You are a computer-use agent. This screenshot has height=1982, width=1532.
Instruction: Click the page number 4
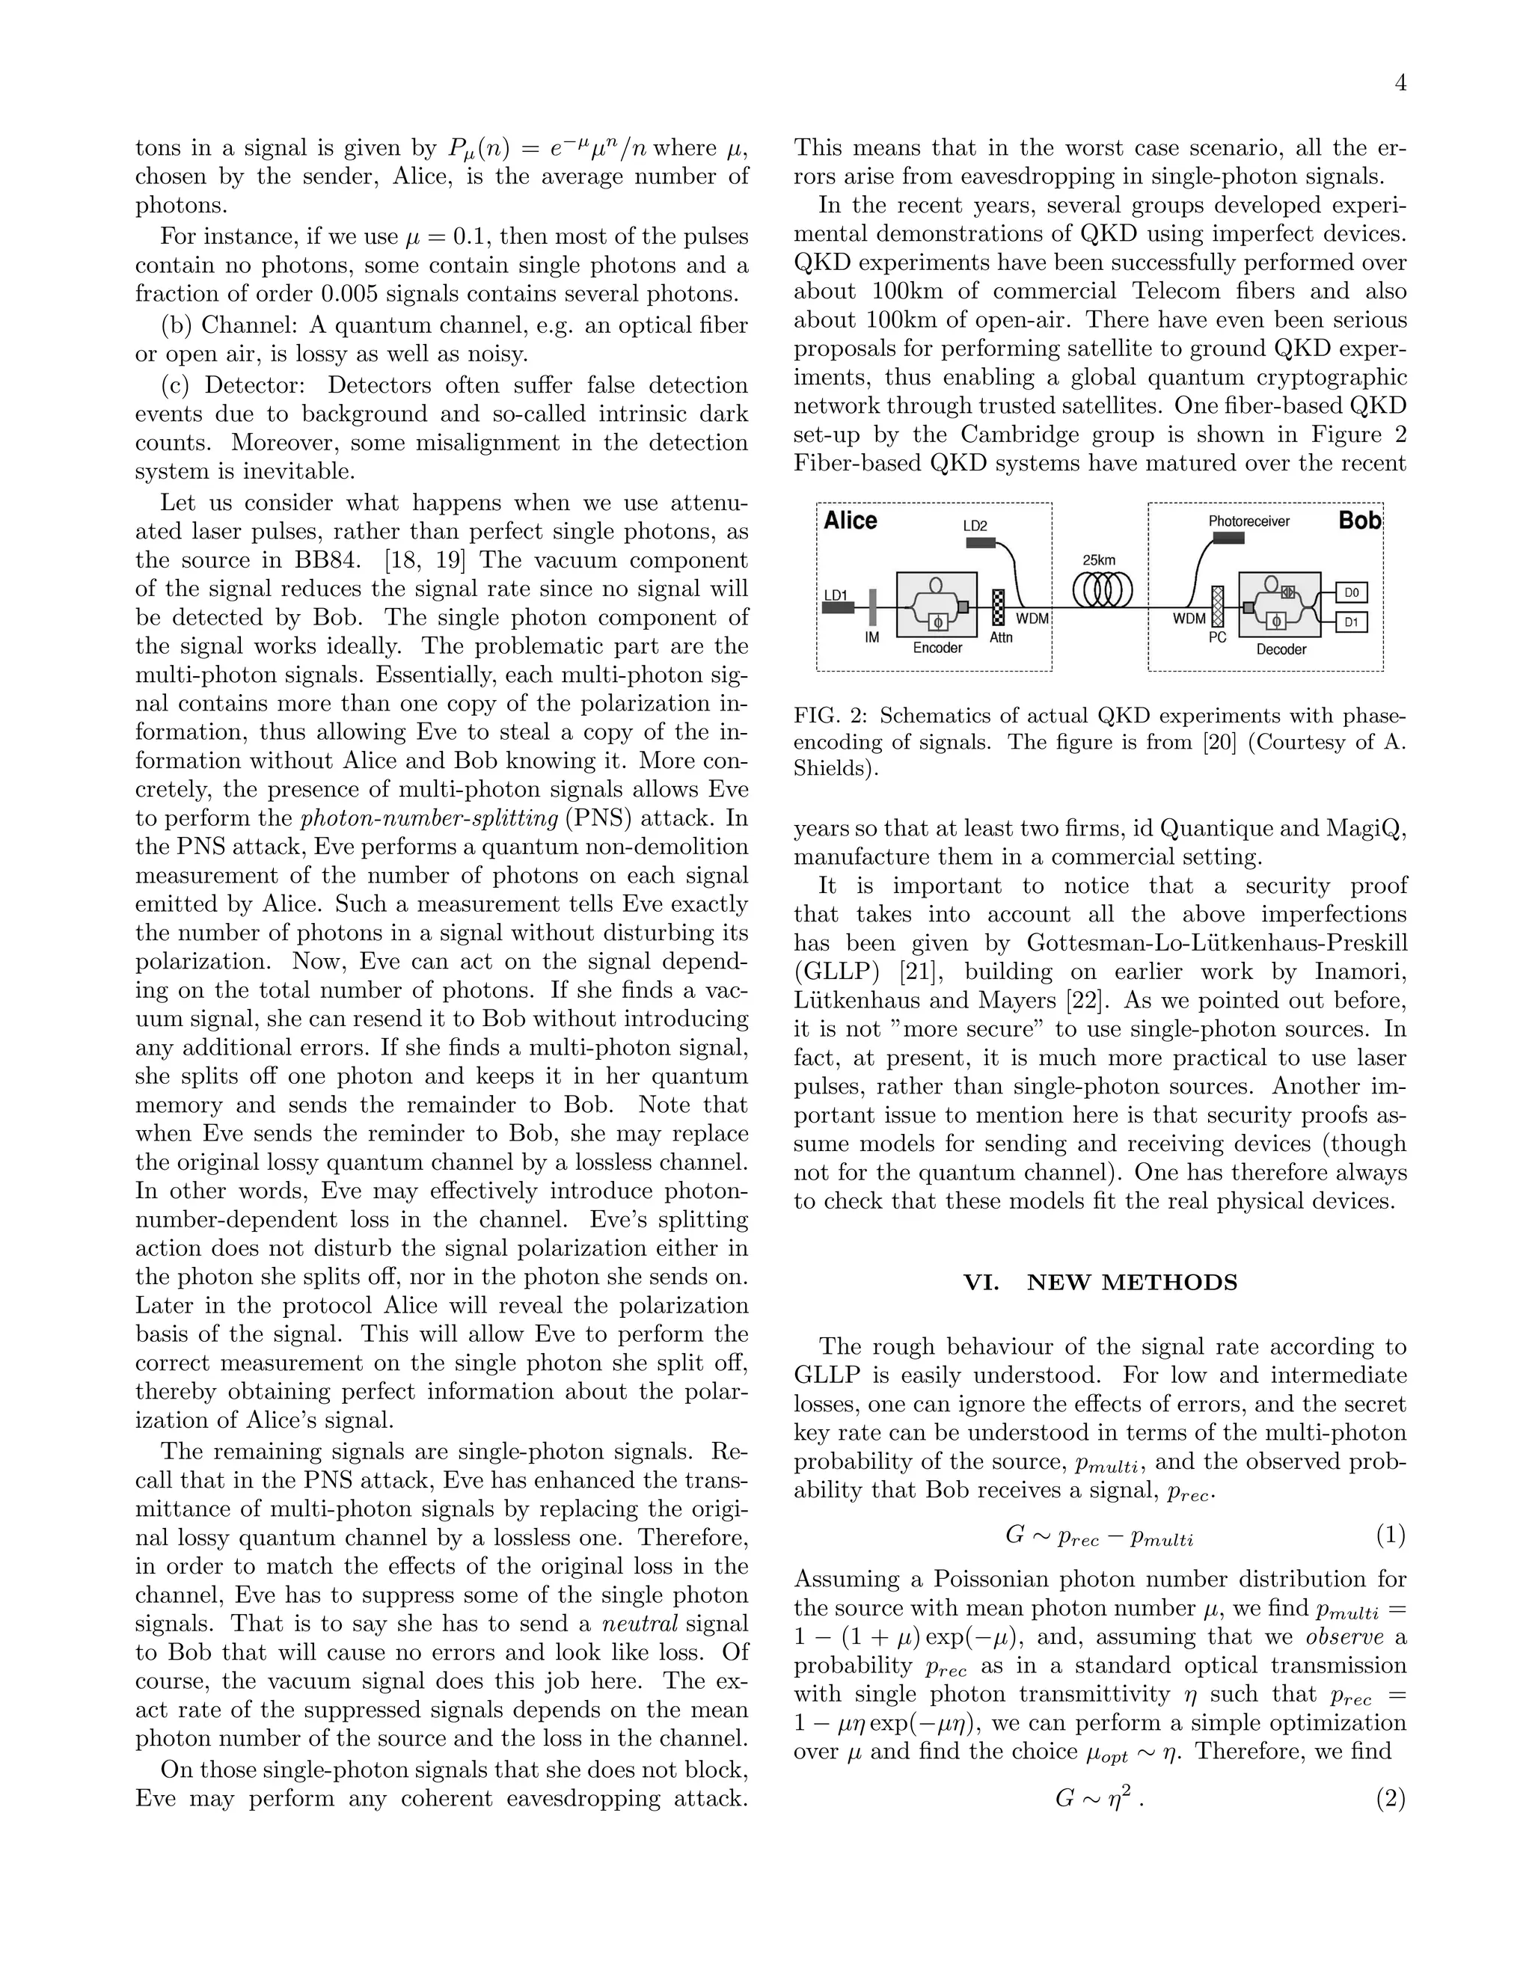pyautogui.click(x=1400, y=84)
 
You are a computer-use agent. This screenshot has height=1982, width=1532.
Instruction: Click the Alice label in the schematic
pyautogui.click(x=850, y=521)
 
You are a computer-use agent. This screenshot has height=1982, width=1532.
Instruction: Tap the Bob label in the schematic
pyautogui.click(x=1358, y=521)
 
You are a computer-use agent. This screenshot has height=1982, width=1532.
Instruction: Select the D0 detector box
pyautogui.click(x=1352, y=592)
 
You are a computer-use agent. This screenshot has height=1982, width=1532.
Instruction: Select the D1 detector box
pyautogui.click(x=1352, y=622)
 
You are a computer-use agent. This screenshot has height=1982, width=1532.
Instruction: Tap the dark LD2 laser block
pyautogui.click(x=979, y=543)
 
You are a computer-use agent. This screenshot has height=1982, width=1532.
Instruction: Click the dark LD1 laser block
pyautogui.click(x=838, y=608)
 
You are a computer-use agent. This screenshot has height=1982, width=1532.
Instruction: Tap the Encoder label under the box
pyautogui.click(x=937, y=648)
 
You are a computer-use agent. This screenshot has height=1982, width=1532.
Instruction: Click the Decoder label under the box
pyautogui.click(x=1281, y=650)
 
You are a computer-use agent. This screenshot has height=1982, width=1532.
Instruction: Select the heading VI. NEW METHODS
pyautogui.click(x=1100, y=1282)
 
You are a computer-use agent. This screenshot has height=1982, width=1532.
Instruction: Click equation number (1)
pyautogui.click(x=1391, y=1535)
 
